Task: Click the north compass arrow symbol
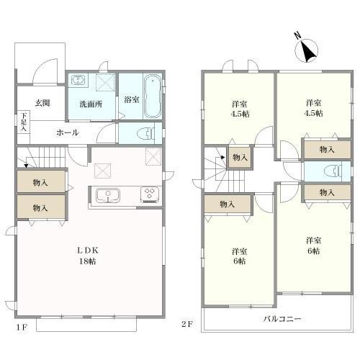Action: pos(308,51)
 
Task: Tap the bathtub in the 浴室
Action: pos(153,96)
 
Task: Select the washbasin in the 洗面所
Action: pos(77,80)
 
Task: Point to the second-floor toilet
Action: pos(333,171)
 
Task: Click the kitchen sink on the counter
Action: pos(107,196)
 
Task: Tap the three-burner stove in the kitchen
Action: pos(150,194)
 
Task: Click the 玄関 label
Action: pos(42,103)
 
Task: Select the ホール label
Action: pos(68,132)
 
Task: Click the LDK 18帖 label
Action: pos(88,256)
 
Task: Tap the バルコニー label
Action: pos(282,319)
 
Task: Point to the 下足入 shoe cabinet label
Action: pos(24,122)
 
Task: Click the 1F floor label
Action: pos(22,328)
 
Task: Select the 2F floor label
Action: pos(187,325)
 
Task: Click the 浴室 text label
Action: pos(132,99)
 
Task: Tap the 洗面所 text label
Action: pos(91,104)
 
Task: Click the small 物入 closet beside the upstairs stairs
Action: pos(240,158)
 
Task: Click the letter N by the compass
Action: pos(297,36)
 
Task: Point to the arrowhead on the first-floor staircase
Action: pos(26,166)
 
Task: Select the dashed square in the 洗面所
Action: pos(105,82)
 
